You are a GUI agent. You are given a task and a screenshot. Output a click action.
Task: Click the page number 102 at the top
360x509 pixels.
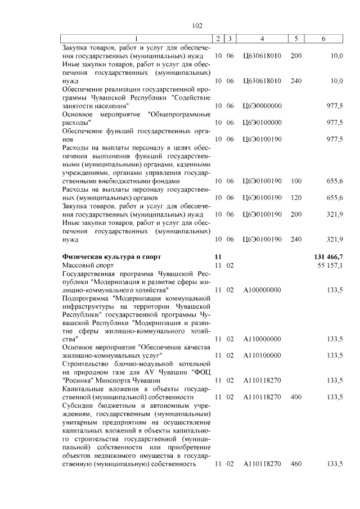click(197, 26)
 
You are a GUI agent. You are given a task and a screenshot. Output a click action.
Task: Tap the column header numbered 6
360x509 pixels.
click(323, 38)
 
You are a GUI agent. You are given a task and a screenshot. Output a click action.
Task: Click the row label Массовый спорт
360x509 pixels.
click(88, 264)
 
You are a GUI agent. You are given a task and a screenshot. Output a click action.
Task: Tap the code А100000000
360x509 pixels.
click(262, 290)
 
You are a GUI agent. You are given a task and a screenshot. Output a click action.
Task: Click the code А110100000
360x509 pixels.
click(262, 355)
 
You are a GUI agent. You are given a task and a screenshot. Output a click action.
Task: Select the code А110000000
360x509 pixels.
click(262, 339)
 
